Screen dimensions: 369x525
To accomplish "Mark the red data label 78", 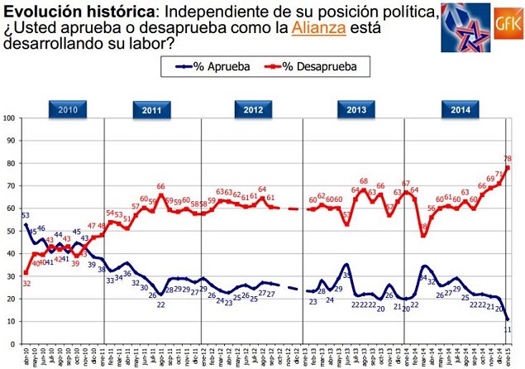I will coord(508,158).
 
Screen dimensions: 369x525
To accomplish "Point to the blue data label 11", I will coord(508,329).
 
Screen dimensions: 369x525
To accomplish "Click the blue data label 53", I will coord(26,215).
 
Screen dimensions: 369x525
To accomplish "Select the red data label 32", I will coord(26,283).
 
